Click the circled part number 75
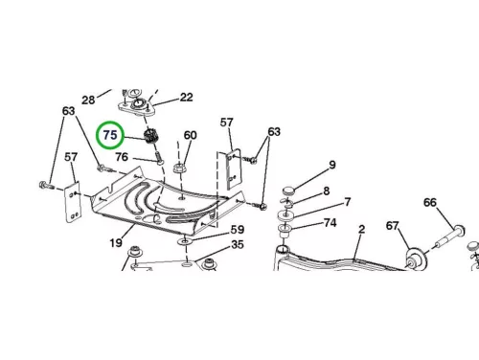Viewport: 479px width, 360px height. (x=110, y=135)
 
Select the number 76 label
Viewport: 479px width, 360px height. (x=122, y=157)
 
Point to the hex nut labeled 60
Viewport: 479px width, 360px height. (x=180, y=168)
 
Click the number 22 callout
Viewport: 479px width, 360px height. (x=187, y=97)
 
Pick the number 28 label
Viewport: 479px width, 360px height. (x=88, y=100)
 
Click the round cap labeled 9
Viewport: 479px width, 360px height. (x=288, y=191)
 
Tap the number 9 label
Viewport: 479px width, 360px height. (x=332, y=165)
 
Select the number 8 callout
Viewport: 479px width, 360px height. (x=326, y=191)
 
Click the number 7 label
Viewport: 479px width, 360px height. (x=348, y=202)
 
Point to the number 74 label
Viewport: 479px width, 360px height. (x=331, y=222)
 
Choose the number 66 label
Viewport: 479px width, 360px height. (x=430, y=202)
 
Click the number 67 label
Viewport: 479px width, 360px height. (x=393, y=226)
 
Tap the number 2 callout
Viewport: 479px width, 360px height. (x=361, y=229)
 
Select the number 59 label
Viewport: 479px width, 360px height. (x=238, y=230)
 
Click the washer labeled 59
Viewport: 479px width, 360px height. (x=185, y=241)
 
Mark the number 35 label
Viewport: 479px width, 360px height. (x=238, y=244)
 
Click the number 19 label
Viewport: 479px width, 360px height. (x=116, y=243)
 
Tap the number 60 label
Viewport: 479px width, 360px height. (x=190, y=135)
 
